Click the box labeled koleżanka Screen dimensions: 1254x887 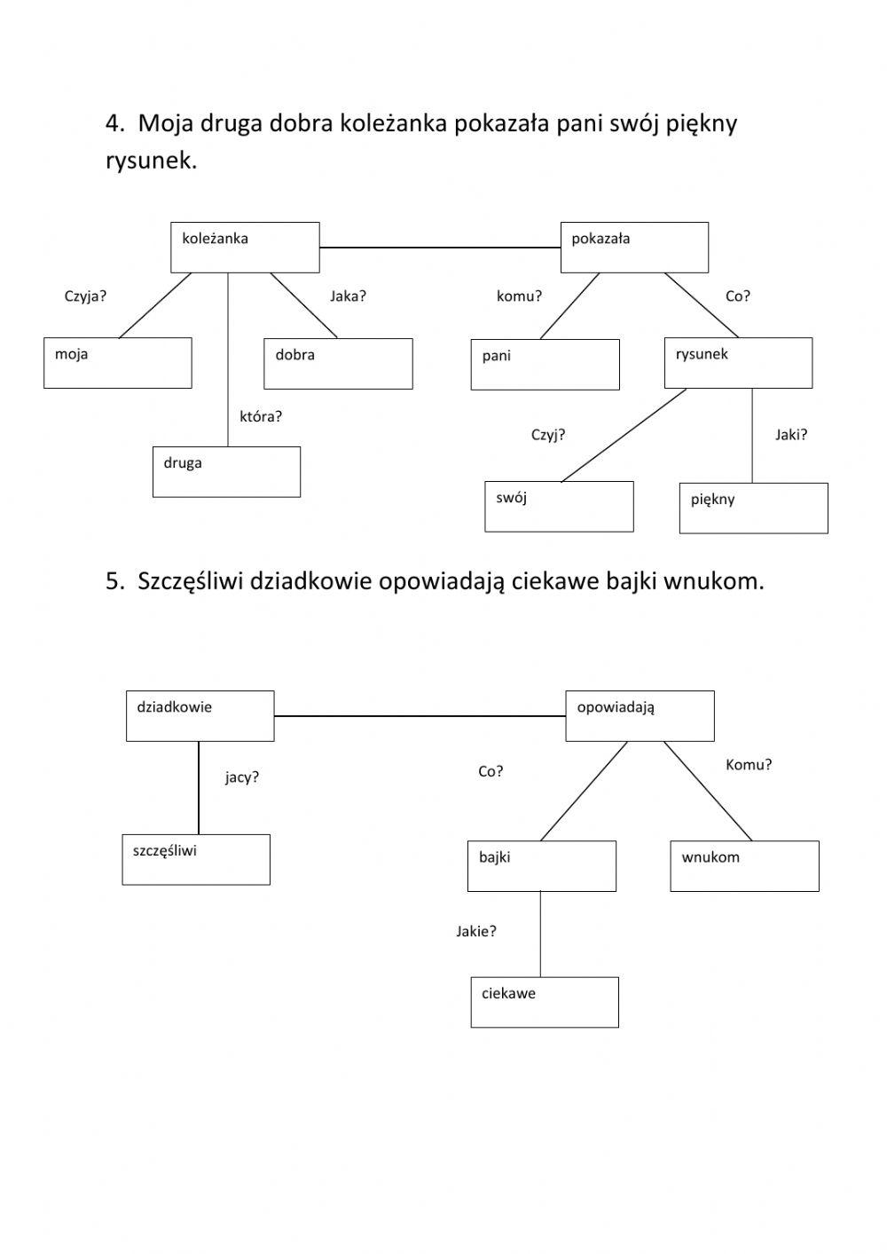click(x=245, y=248)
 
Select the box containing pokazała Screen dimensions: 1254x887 click(x=634, y=248)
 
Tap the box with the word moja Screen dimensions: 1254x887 click(x=118, y=363)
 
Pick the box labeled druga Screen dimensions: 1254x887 click(x=226, y=471)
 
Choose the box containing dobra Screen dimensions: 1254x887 click(x=338, y=364)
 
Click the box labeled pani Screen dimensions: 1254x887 click(x=545, y=365)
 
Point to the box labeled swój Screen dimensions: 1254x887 click(x=559, y=507)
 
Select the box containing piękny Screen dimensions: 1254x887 click(x=753, y=508)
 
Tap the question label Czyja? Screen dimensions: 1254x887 click(x=85, y=296)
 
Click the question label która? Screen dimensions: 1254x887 click(x=261, y=416)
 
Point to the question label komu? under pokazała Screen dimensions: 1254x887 click(x=519, y=296)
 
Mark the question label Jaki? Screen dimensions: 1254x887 click(x=791, y=435)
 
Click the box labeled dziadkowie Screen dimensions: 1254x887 click(x=200, y=716)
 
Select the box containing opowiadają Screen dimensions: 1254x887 click(x=640, y=716)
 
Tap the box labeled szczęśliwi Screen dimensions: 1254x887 click(x=196, y=859)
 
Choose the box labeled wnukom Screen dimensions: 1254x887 click(x=744, y=866)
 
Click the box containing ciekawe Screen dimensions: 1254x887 click(x=545, y=1002)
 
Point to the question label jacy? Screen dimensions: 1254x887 click(x=242, y=777)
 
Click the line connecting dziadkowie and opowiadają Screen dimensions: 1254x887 click(x=420, y=715)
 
